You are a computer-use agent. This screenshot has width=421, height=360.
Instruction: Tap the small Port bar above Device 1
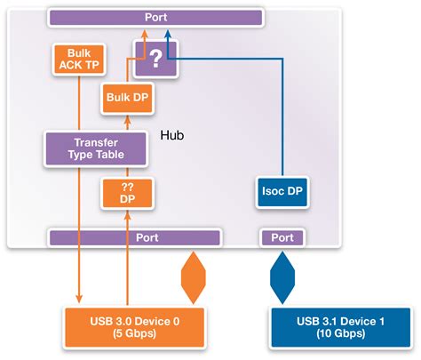click(x=282, y=237)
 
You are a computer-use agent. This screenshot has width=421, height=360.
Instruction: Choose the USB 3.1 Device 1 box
click(x=339, y=325)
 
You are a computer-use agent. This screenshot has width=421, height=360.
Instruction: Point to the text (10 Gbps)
click(x=339, y=334)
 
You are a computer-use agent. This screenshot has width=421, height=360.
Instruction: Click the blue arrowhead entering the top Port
click(x=167, y=32)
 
